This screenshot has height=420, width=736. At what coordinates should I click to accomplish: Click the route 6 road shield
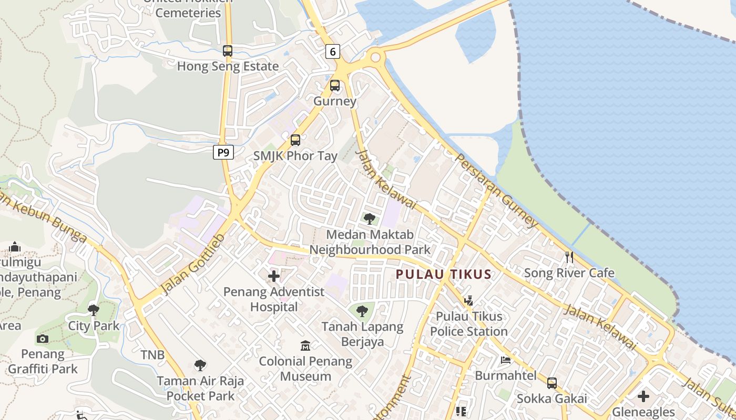(333, 51)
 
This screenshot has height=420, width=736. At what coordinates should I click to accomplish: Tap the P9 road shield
(223, 152)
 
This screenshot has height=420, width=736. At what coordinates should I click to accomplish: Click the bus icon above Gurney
(335, 85)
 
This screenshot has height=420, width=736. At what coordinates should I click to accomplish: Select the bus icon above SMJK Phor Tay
(295, 140)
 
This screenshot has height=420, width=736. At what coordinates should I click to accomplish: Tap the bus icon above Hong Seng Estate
(228, 51)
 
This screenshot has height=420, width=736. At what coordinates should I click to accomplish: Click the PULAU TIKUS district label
(444, 274)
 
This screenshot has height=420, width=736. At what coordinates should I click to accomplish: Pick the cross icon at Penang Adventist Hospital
(274, 276)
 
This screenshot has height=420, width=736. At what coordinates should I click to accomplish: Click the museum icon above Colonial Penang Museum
(305, 345)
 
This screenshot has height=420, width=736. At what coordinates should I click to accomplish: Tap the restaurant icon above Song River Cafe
(569, 257)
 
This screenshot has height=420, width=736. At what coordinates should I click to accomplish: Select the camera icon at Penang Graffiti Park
(43, 339)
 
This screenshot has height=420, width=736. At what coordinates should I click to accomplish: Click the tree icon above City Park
(94, 310)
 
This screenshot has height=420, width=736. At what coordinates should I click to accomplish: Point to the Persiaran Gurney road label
(497, 190)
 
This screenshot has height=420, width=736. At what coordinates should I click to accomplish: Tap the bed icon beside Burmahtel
(505, 360)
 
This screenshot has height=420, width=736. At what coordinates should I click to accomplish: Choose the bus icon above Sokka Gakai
(552, 383)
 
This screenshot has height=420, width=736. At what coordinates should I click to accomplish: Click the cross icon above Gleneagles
(643, 396)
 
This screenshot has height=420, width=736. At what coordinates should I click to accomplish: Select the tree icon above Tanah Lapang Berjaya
(362, 311)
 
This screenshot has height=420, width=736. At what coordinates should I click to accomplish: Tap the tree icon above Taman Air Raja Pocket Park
(200, 365)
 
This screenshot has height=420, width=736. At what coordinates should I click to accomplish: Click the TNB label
(153, 355)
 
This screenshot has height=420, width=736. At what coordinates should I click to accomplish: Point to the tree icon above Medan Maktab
(370, 219)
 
